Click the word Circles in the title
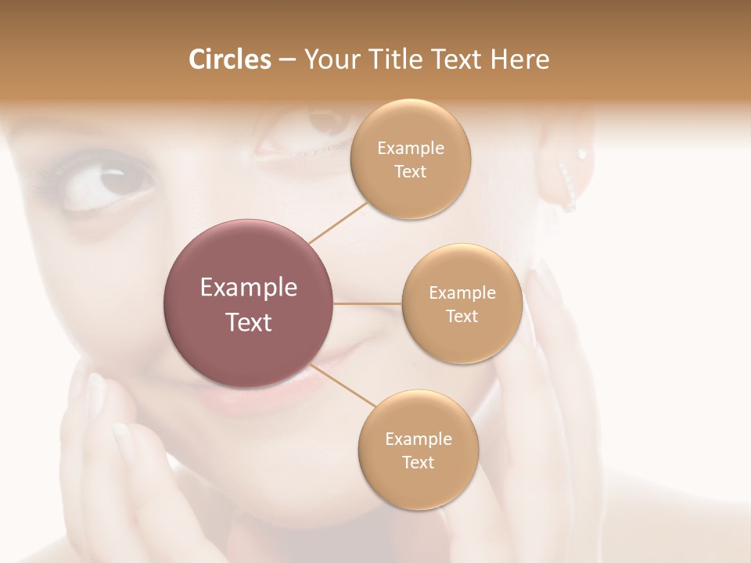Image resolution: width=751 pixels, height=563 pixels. click(229, 59)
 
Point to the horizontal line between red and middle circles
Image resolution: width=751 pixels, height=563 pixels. click(367, 303)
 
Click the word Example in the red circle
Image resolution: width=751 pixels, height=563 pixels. click(249, 288)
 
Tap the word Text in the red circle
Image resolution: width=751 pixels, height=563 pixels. click(249, 322)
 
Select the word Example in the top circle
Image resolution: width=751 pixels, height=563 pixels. click(411, 149)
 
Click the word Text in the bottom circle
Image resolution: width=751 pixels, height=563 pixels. click(418, 462)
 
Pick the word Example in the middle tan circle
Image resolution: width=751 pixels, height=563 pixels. click(462, 293)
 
